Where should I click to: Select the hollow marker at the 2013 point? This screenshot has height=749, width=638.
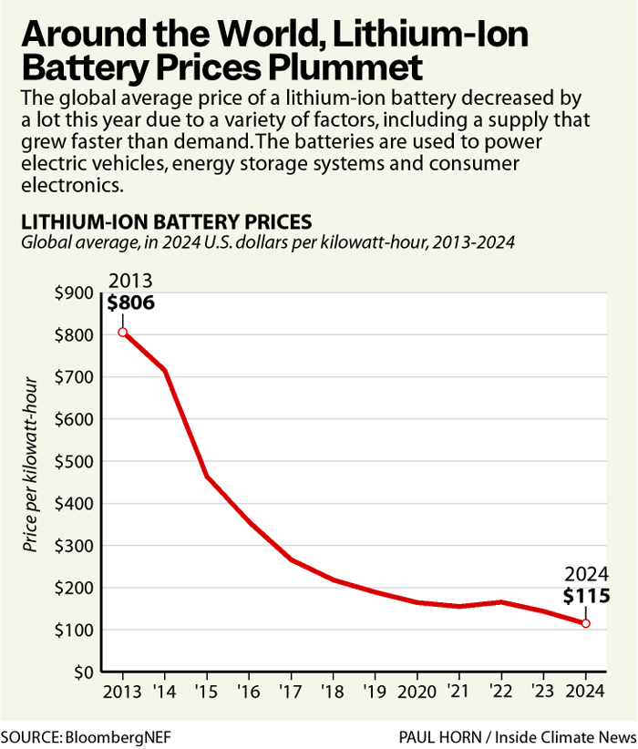(x=122, y=333)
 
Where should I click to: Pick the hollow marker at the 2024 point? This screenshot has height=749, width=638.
(x=585, y=623)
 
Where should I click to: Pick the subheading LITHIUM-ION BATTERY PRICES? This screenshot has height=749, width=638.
(x=167, y=221)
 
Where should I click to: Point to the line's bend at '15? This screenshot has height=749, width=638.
(x=207, y=476)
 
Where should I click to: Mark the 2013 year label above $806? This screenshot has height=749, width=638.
(x=129, y=282)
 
